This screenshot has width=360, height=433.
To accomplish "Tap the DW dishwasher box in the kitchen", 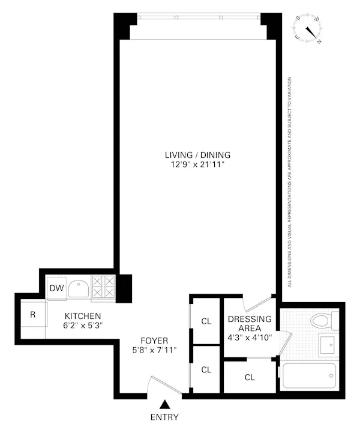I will tap(56, 289).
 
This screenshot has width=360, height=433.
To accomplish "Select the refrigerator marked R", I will tap(33, 314).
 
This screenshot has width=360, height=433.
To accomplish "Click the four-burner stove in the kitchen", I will tap(104, 287).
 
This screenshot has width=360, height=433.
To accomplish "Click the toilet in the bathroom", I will tap(321, 321).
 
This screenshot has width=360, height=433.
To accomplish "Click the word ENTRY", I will tap(164, 417).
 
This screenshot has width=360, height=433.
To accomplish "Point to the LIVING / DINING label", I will tap(197, 154).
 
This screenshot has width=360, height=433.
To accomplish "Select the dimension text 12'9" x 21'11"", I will tap(197, 164).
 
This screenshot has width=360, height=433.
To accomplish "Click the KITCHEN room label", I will tap(83, 316).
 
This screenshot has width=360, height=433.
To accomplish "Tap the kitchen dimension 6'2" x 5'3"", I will tap(83, 326).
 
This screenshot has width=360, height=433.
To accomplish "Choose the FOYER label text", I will tap(150, 339).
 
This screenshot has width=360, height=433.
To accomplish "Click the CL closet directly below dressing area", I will tap(249, 378).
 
